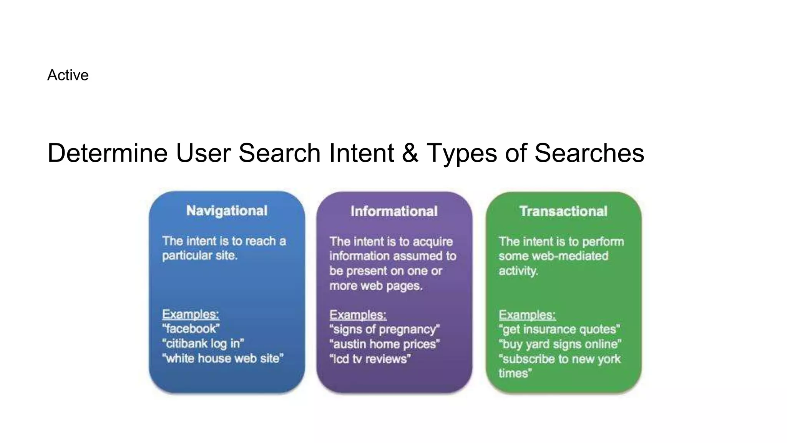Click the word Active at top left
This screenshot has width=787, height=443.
pos(68,75)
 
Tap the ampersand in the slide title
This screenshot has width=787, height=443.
pos(410,153)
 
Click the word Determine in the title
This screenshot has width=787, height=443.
pos(107,153)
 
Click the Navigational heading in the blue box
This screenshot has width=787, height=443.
pos(227,211)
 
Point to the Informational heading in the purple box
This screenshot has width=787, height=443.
pos(394,211)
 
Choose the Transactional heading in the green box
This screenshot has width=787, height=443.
pos(563,211)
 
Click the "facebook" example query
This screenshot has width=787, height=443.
pos(191,329)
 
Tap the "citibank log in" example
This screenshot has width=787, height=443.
pos(203,343)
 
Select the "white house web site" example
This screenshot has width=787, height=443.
pos(223,358)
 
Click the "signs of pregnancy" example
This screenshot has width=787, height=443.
pos(384,330)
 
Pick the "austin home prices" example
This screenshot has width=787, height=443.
pos(384,344)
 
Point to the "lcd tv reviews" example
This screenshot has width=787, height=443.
pos(370,359)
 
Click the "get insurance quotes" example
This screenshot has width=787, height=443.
pos(560,330)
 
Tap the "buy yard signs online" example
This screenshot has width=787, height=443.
pos(560,344)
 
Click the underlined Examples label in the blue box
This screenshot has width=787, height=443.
pos(191,314)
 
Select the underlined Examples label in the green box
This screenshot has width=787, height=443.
pos(527,315)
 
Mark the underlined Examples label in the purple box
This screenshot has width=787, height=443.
pos(358,315)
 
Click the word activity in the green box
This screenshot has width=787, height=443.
pos(518,271)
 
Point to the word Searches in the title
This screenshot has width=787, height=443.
pos(589,153)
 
